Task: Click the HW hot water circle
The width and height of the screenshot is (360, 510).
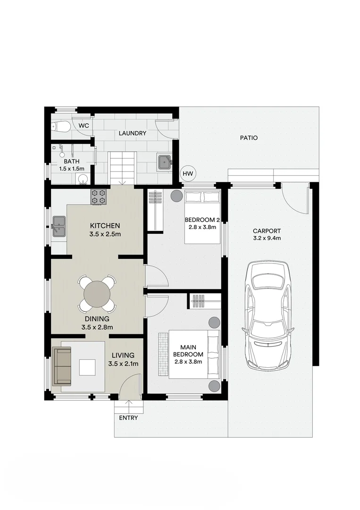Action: [188, 174]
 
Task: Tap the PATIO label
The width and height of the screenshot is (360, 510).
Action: [249, 138]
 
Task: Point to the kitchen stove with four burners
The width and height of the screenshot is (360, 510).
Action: [99, 197]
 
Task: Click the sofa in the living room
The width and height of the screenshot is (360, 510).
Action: [62, 366]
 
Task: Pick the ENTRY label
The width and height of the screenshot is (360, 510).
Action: [128, 418]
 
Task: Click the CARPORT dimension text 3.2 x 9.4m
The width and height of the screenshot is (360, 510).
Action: [267, 238]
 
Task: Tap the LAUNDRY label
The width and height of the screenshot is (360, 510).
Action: [132, 133]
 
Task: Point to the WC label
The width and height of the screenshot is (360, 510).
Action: [84, 126]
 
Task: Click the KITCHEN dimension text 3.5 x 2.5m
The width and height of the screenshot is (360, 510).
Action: [105, 234]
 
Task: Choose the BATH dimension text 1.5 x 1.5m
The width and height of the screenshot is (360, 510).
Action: [71, 169]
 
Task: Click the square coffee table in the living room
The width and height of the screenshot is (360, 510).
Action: [88, 367]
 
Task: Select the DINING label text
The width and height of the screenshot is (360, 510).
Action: [97, 319]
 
